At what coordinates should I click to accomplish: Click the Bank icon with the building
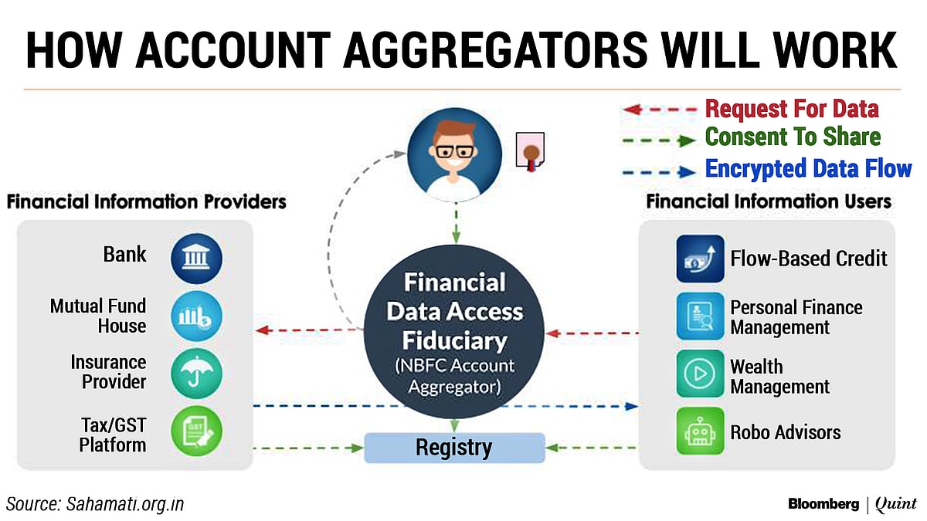click(x=196, y=256)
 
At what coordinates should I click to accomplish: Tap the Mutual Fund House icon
click(x=196, y=316)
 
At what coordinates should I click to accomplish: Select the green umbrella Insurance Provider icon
click(x=196, y=373)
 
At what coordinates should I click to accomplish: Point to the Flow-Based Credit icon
click(x=700, y=259)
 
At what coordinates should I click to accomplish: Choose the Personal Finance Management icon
click(x=700, y=316)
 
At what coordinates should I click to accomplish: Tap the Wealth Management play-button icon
click(x=700, y=374)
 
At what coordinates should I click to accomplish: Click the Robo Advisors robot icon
click(x=700, y=431)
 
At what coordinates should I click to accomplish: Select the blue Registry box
click(x=454, y=447)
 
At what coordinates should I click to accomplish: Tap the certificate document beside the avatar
click(x=530, y=152)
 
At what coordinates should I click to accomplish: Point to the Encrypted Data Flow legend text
click(x=809, y=169)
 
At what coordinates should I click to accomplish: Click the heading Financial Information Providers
click(x=147, y=202)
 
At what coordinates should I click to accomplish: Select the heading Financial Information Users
click(x=769, y=201)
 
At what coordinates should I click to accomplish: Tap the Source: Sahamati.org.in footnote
click(x=96, y=504)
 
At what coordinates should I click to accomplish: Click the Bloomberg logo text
click(x=823, y=504)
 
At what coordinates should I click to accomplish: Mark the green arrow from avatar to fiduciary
click(x=456, y=225)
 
